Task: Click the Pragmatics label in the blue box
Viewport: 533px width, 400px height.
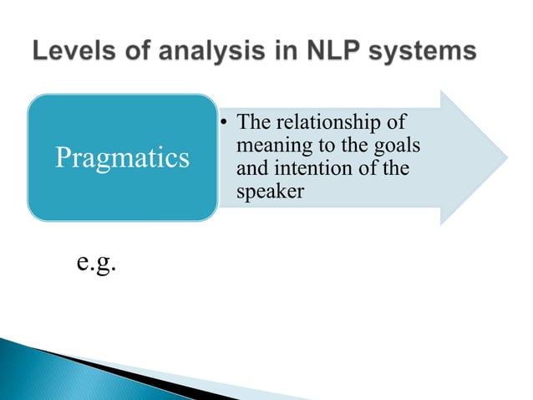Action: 122,157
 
